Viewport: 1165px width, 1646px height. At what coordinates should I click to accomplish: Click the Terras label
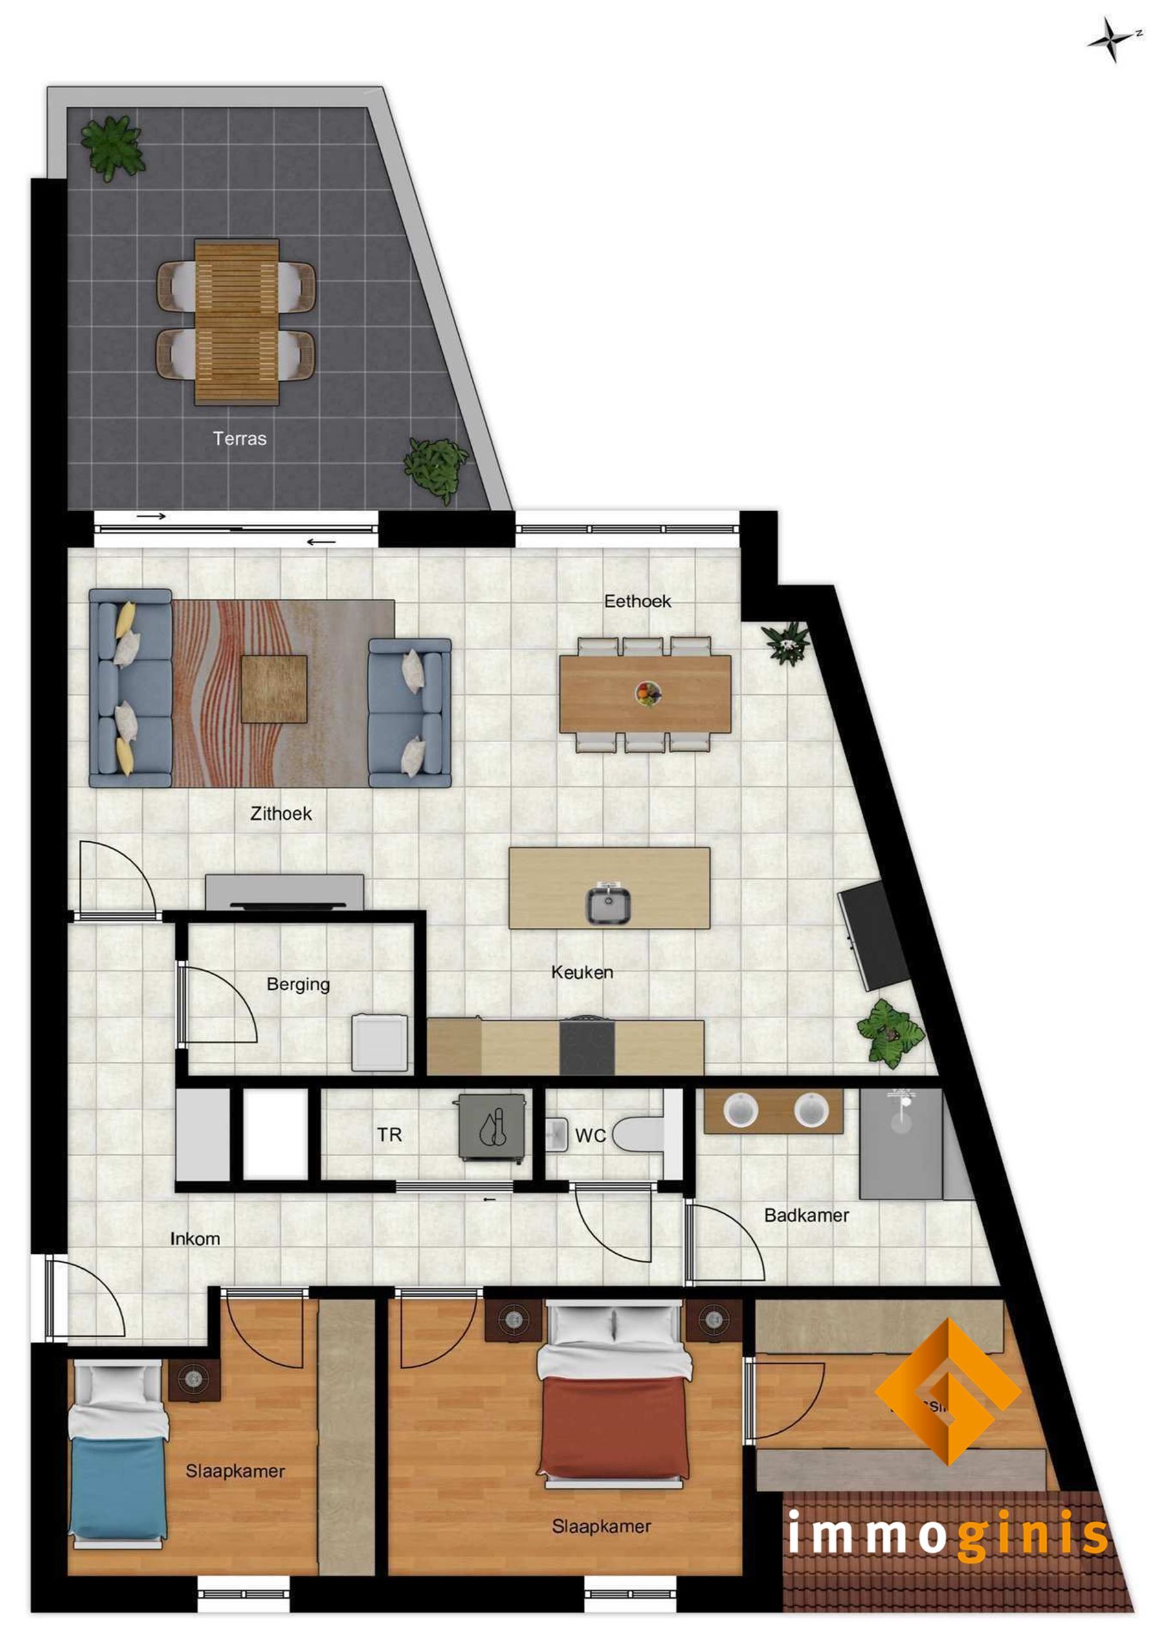point(239,438)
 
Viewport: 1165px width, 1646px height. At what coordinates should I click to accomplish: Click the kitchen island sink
point(609,905)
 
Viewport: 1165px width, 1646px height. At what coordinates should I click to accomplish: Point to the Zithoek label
point(280,813)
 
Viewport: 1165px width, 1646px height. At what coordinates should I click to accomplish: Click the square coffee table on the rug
point(274,688)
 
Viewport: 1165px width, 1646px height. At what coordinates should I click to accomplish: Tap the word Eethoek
point(637,601)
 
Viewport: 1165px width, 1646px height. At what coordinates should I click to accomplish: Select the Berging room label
point(298,984)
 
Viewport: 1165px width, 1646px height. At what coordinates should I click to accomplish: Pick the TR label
point(390,1135)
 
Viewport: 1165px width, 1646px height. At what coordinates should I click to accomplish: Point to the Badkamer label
point(806,1215)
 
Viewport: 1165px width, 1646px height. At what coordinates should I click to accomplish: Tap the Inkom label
point(195,1238)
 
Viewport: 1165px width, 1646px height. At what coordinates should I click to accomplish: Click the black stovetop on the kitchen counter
point(587,1048)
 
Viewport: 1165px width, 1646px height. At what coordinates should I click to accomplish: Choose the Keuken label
point(582,972)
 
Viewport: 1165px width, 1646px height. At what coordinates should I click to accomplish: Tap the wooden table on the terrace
point(237,322)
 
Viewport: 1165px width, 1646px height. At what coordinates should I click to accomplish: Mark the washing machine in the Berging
point(379,1043)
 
